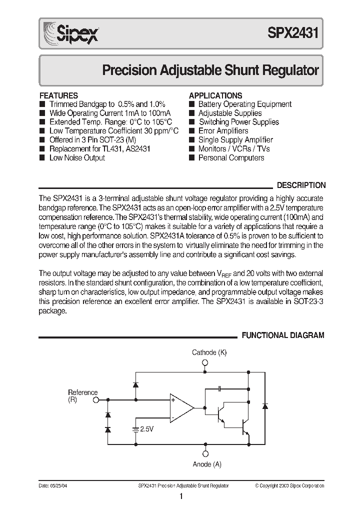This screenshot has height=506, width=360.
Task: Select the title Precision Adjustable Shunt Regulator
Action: point(210,70)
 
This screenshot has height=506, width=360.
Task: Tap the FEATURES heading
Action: point(58,95)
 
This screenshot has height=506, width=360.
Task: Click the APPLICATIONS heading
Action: point(215,95)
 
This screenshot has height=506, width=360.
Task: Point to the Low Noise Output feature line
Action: point(77,158)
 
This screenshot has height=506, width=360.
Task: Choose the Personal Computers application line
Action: point(231,158)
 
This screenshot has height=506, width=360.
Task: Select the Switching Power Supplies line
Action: point(239,122)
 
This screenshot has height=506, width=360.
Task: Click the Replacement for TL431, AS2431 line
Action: point(100,149)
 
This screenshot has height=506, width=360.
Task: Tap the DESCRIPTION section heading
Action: point(301,185)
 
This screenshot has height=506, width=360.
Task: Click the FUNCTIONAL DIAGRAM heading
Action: point(283,335)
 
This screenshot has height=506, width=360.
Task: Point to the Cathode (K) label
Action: point(209,352)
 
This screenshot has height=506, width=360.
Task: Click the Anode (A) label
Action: point(207,464)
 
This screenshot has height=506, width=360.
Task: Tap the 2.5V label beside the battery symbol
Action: point(147,429)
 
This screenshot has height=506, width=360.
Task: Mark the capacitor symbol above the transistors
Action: point(220,388)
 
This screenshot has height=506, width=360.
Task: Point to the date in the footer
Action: point(52,485)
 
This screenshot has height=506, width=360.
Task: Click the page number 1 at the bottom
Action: point(181,497)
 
